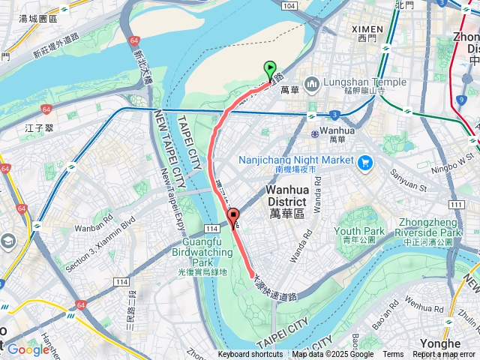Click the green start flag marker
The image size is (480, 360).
click(x=270, y=70)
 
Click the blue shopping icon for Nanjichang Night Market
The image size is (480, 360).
click(x=365, y=161)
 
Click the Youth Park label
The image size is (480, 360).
click(x=359, y=232)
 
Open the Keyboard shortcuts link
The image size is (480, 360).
click(x=250, y=355)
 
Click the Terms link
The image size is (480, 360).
click(x=393, y=355)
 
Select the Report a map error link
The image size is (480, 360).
click(x=444, y=355)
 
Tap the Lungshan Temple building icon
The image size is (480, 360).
click(x=311, y=82)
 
